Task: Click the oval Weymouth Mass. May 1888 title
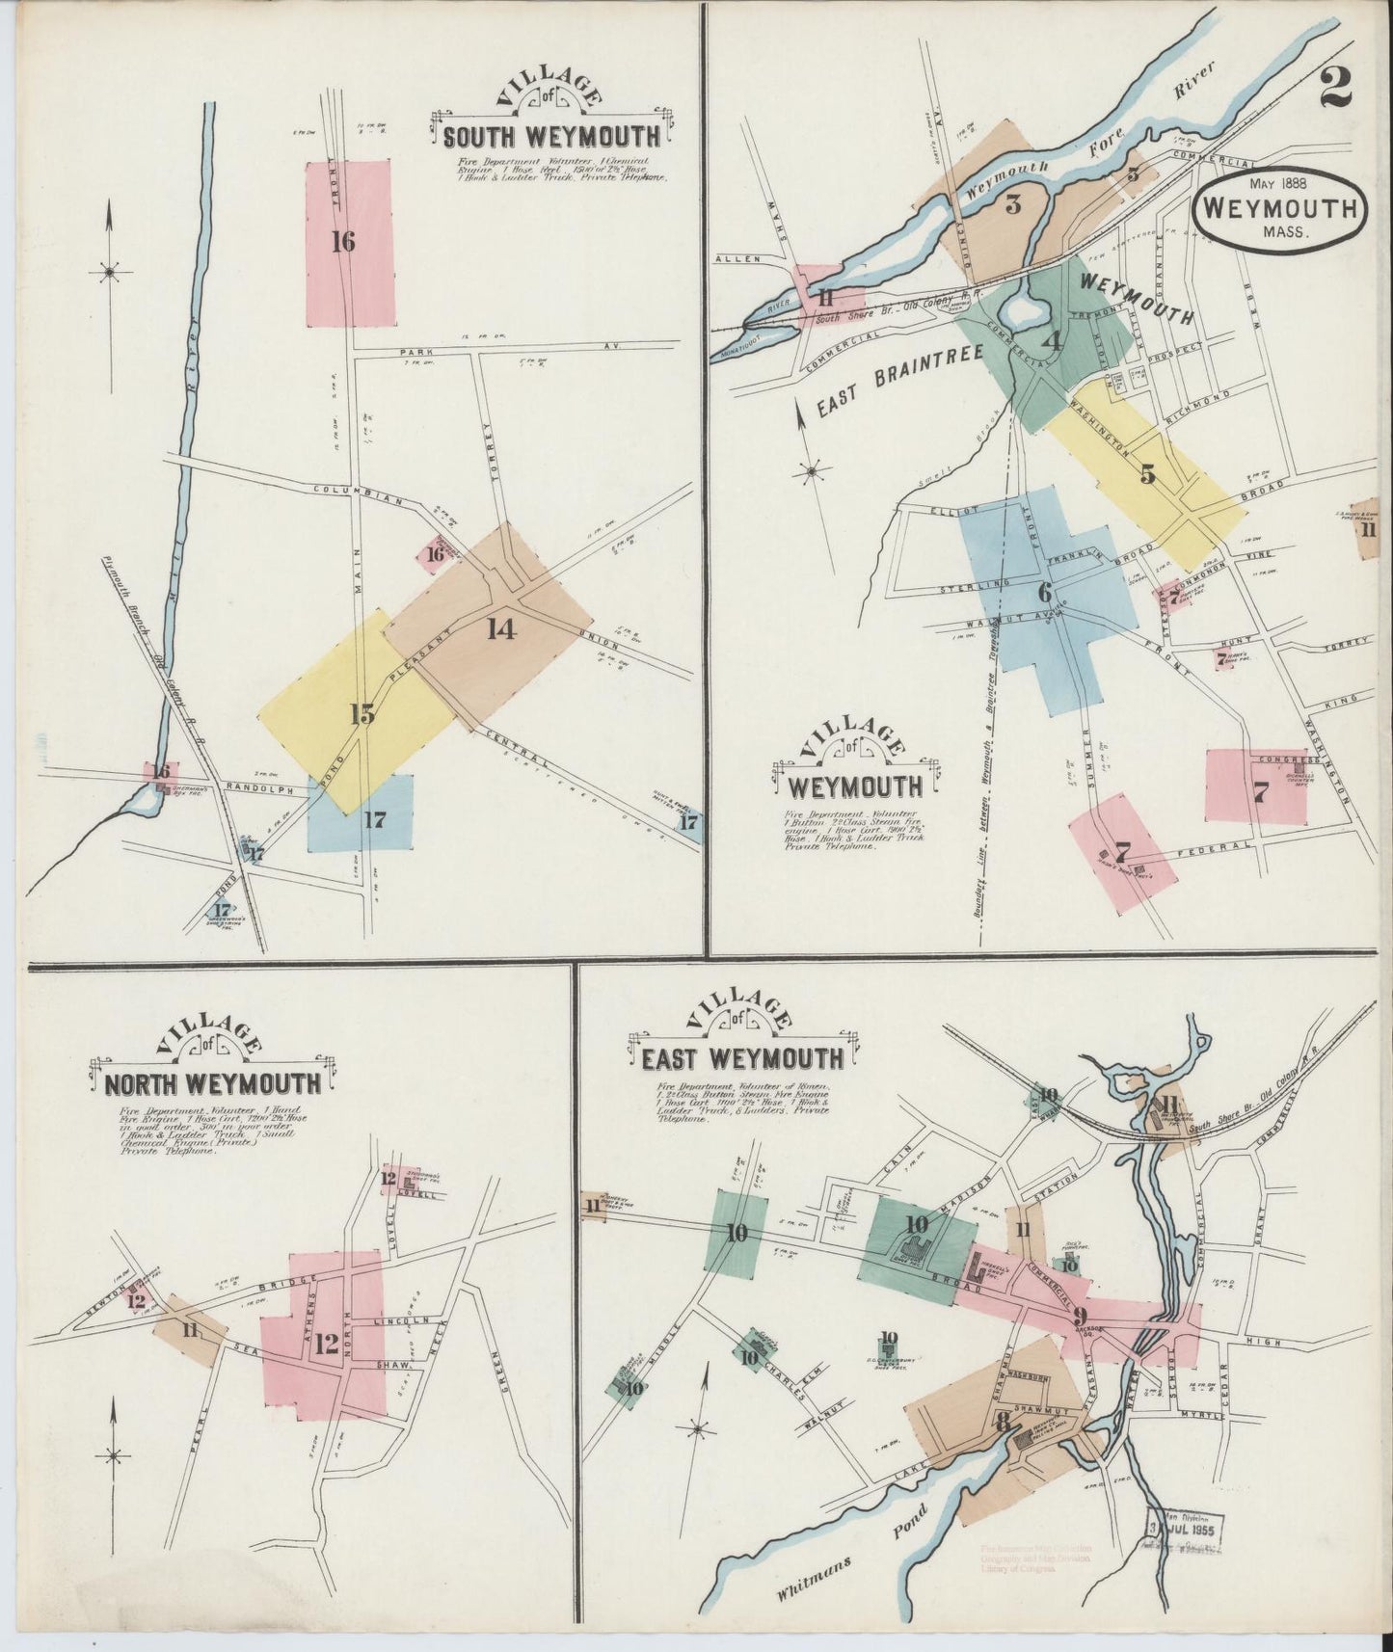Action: [x=1280, y=208]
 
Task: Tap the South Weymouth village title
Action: [x=551, y=134]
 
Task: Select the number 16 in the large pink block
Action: [x=342, y=242]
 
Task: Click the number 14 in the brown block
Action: [x=501, y=629]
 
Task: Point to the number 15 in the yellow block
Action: [x=362, y=714]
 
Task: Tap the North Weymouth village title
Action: [x=212, y=1083]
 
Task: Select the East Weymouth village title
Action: [x=741, y=1058]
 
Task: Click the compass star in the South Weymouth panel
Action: [x=110, y=273]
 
